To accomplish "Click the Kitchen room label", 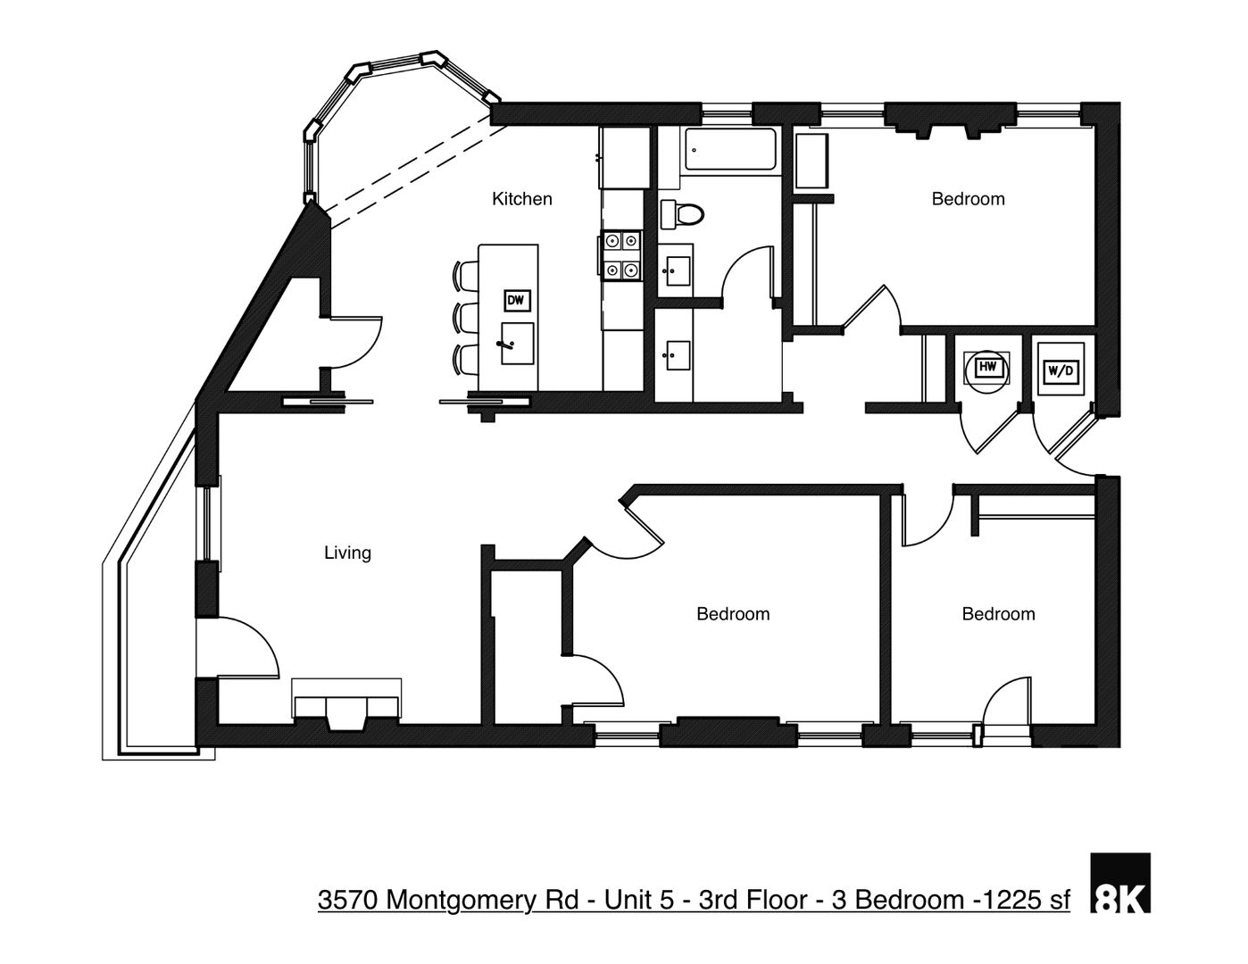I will (522, 199).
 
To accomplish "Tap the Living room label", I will (347, 553).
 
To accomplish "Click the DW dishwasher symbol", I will (516, 301).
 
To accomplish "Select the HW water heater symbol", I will (986, 366).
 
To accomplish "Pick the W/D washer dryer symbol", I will (1060, 370).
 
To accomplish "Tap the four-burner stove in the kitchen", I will (620, 254).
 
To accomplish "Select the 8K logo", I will (1121, 883).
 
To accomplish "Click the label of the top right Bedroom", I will (968, 199).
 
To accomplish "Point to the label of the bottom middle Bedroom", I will (733, 614).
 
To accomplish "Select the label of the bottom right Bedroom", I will (998, 614).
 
